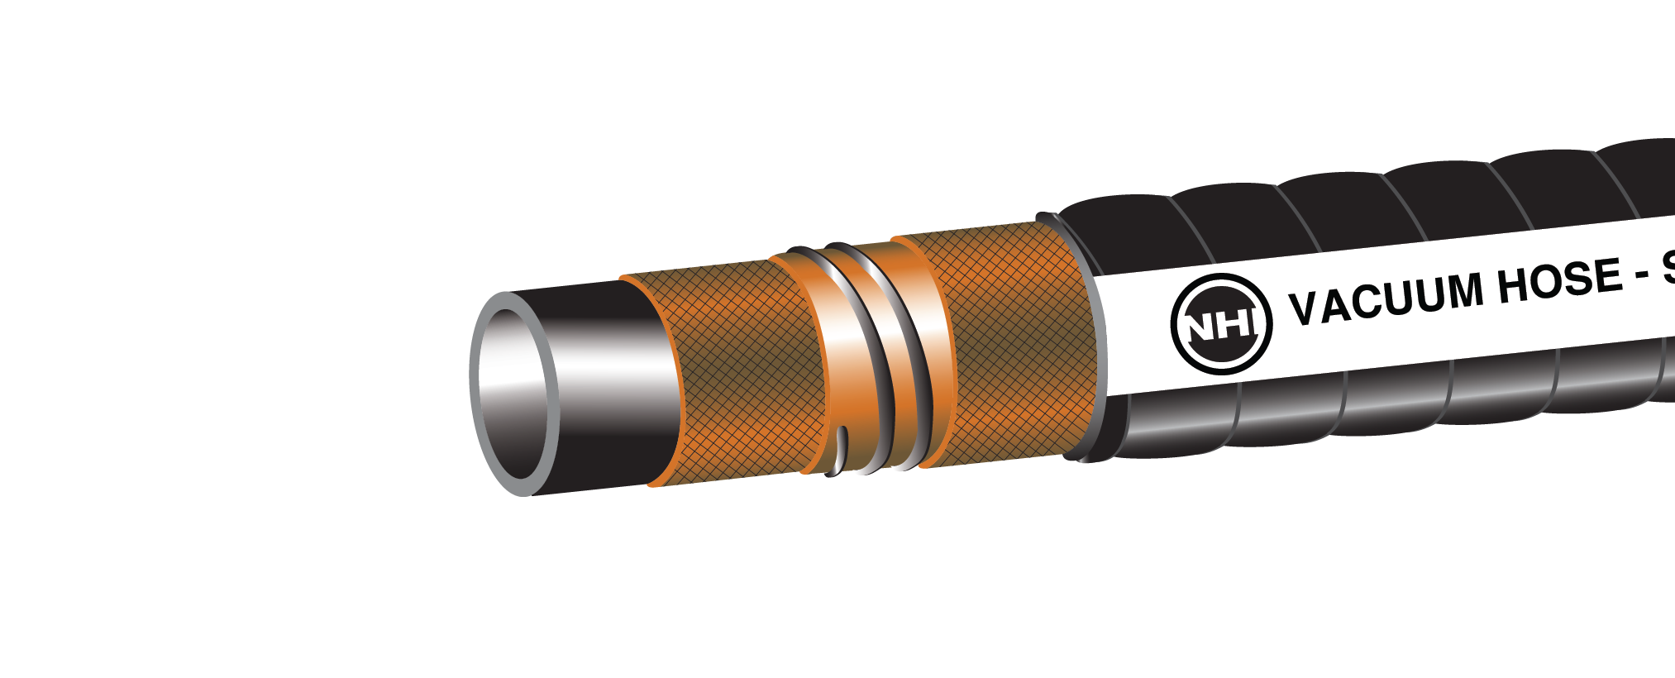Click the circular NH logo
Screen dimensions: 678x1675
(1221, 323)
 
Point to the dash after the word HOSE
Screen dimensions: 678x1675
(1641, 275)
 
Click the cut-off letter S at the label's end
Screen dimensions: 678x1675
(1667, 268)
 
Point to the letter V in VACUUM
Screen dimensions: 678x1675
(1305, 308)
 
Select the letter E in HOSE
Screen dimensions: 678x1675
(1608, 275)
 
